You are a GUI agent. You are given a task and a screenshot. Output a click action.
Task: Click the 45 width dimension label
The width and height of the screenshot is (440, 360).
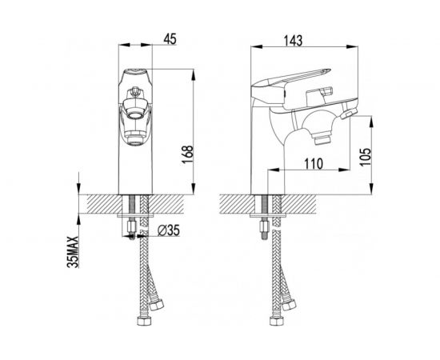170,39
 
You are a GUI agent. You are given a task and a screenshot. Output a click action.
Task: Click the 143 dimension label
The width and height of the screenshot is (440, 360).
294,41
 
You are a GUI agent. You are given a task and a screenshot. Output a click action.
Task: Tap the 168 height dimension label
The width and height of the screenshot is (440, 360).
188,154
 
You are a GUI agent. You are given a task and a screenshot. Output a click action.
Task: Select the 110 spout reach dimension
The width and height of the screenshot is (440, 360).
314,164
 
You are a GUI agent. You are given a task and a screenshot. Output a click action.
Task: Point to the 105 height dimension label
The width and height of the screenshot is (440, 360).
366,157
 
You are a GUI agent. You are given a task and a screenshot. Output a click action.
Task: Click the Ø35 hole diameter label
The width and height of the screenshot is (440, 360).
168,230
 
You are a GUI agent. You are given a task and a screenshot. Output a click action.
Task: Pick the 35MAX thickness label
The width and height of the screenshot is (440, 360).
73,252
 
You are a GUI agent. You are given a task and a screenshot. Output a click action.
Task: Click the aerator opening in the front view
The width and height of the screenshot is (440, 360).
134,114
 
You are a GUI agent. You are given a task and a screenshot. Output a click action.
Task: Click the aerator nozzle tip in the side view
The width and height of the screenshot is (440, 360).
322,140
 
